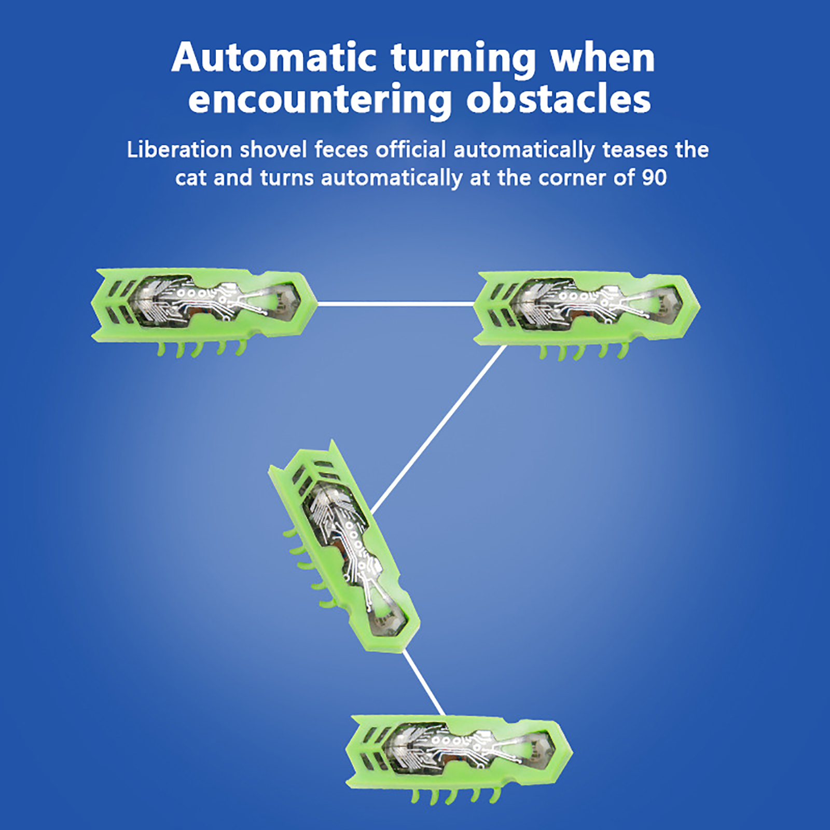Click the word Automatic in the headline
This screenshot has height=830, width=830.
click(x=274, y=57)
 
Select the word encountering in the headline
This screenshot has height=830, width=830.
click(x=320, y=100)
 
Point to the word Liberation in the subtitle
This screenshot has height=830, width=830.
click(x=179, y=150)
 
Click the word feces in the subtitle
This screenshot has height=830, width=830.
click(x=341, y=150)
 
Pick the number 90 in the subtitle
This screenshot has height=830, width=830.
click(x=654, y=178)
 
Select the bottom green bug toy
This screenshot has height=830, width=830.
click(x=459, y=760)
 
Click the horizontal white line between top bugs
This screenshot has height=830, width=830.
click(x=396, y=303)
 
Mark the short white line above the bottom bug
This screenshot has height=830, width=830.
click(x=424, y=683)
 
